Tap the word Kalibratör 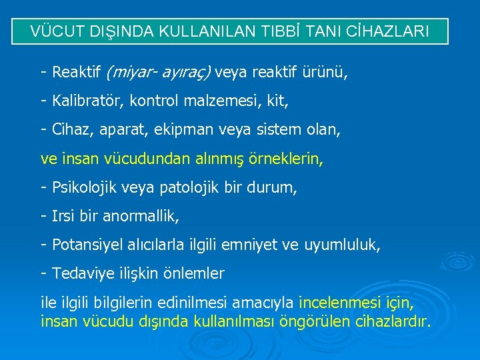[x=85, y=101]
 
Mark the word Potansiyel [x=85, y=245]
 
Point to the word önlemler [x=194, y=273]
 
